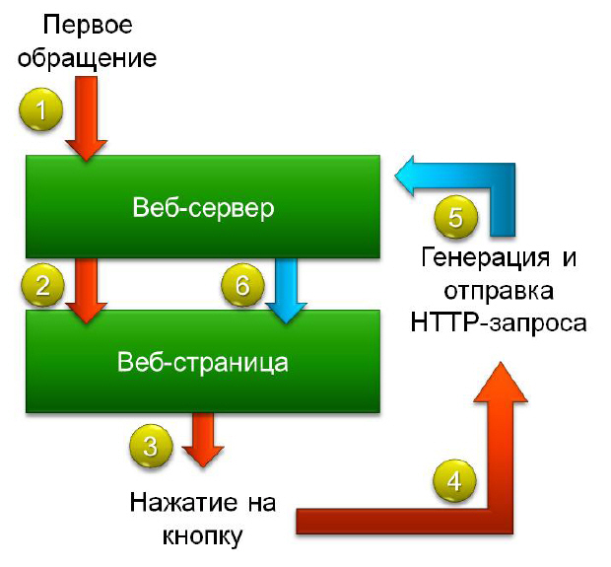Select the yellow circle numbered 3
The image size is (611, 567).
coord(150,446)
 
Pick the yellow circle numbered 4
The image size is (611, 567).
coord(452,481)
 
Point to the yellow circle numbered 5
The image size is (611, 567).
coord(455,217)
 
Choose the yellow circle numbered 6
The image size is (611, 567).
coord(242,286)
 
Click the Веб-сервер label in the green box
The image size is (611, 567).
coord(202,209)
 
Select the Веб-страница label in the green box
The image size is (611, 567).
coord(203,362)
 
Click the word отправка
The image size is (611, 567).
coord(498,292)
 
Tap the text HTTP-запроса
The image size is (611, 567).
coord(498,323)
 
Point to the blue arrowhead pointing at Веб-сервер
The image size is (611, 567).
coord(406,176)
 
